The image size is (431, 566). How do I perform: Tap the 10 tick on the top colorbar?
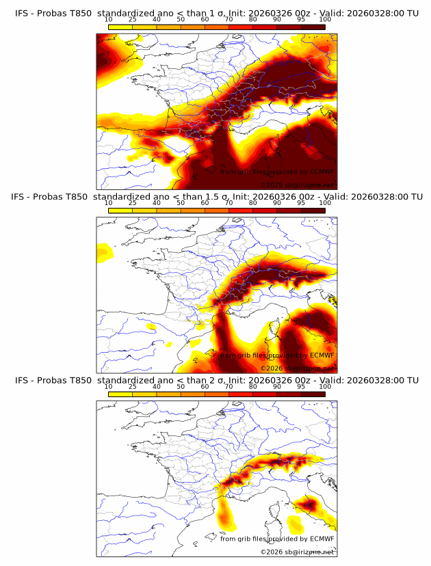(x=108, y=21)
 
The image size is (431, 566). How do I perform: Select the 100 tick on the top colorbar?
(x=325, y=21)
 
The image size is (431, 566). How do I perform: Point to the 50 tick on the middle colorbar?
(x=181, y=204)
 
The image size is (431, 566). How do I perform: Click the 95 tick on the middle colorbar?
(x=301, y=204)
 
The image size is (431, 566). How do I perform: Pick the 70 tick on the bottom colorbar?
(x=228, y=387)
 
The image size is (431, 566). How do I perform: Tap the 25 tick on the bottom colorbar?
(x=132, y=387)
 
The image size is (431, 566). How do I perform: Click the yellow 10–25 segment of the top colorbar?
(x=120, y=27)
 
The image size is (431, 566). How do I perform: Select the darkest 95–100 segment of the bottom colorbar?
(x=313, y=394)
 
